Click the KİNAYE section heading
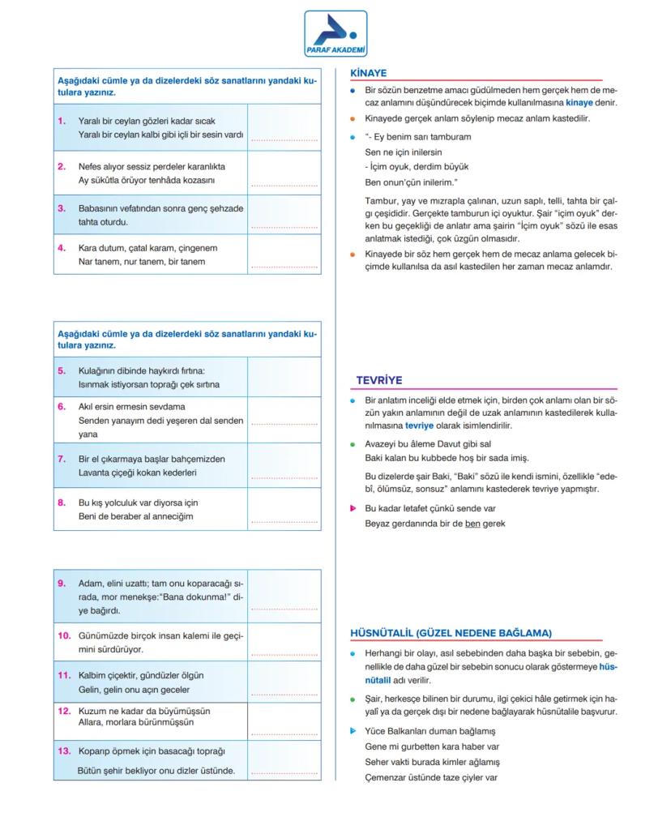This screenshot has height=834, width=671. click(x=368, y=72)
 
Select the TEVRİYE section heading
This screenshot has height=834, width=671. click(x=379, y=379)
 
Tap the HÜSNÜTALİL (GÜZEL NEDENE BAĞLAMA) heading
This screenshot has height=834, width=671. click(x=451, y=632)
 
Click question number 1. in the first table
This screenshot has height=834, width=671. click(x=62, y=121)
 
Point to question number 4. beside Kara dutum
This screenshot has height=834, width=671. click(x=62, y=248)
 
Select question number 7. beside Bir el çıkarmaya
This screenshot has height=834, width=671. click(x=62, y=459)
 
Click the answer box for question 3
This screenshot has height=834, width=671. click(x=284, y=214)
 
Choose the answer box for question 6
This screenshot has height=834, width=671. click(x=284, y=419)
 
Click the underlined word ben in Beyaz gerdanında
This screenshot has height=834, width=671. click(x=472, y=524)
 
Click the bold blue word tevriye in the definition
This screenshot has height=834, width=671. click(x=420, y=426)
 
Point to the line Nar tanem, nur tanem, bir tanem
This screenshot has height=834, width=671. click(x=141, y=262)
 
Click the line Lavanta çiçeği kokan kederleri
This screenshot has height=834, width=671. click(x=138, y=472)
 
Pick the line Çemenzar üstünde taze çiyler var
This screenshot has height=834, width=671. click(x=430, y=777)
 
